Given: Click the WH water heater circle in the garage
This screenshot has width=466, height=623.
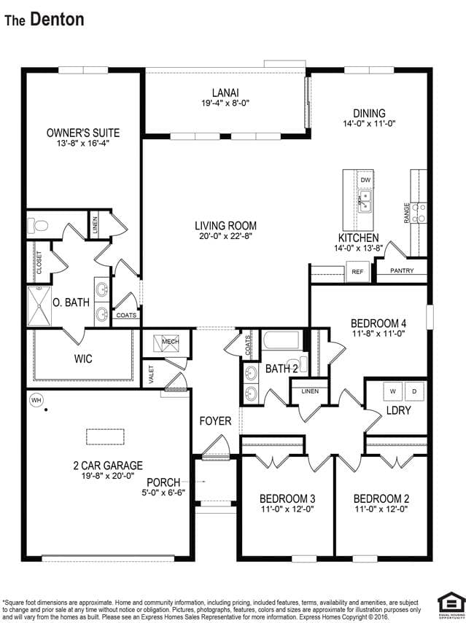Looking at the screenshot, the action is (x=36, y=400).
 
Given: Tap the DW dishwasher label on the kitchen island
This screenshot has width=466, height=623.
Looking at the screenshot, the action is (x=365, y=180).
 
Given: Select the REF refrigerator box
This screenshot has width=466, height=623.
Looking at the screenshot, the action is (x=357, y=272).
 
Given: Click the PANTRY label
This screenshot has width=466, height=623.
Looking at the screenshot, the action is (x=402, y=270).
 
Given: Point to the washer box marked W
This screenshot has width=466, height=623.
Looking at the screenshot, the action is (x=393, y=391).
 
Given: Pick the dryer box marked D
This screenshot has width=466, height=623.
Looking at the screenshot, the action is (x=414, y=391).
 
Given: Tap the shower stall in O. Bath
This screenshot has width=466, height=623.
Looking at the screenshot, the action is (x=39, y=306).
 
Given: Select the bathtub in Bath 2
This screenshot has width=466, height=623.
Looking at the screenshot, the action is (x=281, y=340).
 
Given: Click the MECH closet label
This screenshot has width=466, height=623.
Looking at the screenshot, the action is (x=170, y=342).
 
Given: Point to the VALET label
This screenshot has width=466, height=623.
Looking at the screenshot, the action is (x=151, y=375).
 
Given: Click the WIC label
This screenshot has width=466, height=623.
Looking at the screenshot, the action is (x=83, y=358).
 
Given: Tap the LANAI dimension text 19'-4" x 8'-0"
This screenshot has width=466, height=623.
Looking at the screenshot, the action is (x=225, y=103).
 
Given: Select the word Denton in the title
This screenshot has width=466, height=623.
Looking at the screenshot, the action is (x=58, y=19).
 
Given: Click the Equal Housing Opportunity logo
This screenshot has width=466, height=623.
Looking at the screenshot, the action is (x=451, y=605).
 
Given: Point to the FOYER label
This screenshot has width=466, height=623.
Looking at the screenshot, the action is (x=215, y=420).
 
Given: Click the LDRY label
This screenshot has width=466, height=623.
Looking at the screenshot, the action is (x=399, y=410).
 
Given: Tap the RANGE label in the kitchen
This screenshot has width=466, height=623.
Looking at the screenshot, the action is (x=406, y=213).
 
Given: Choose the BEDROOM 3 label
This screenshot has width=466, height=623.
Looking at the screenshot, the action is (x=287, y=498).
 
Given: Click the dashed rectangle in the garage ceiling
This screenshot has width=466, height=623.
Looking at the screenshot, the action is (x=105, y=436).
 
